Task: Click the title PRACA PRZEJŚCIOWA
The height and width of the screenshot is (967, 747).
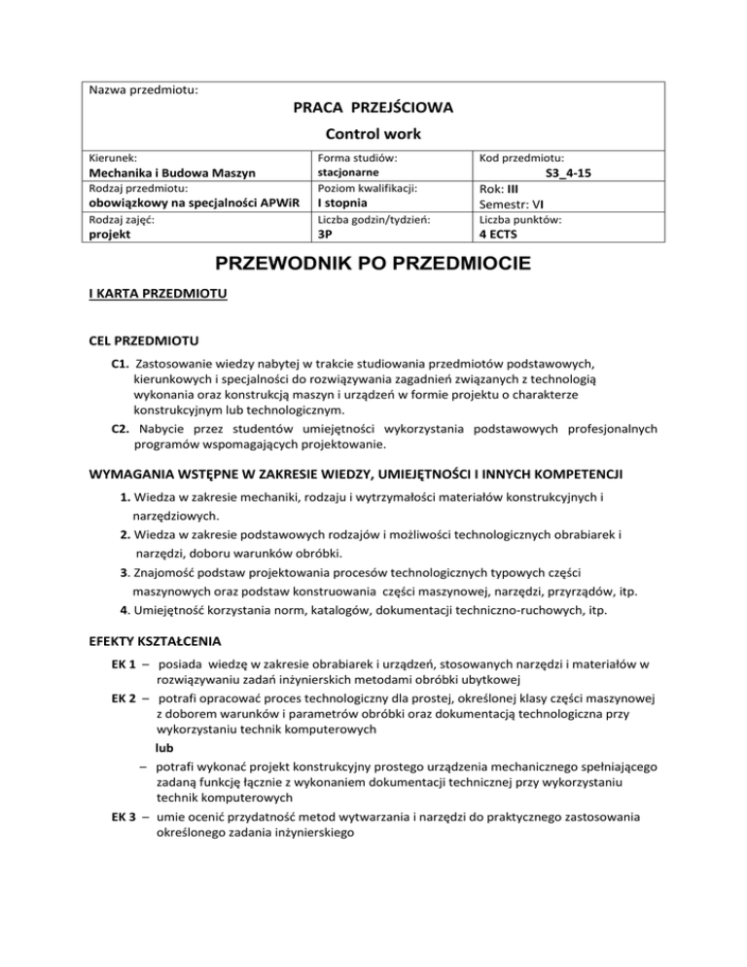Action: tap(373, 103)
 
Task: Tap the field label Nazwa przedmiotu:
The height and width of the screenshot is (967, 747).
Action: tap(143, 90)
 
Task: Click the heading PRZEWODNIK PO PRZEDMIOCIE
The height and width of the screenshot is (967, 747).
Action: tap(373, 265)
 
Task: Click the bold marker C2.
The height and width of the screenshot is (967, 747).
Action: tap(122, 428)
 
